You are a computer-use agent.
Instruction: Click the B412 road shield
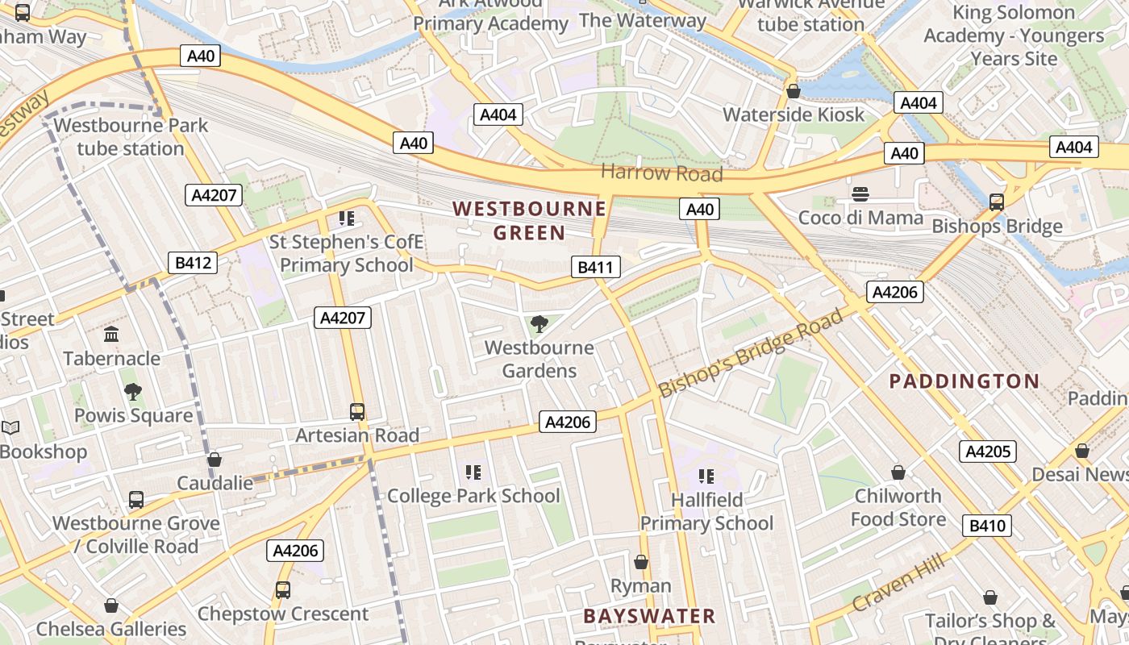pyautogui.click(x=193, y=262)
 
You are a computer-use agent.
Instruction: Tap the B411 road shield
pyautogui.click(x=596, y=268)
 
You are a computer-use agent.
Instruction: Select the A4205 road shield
pyautogui.click(x=988, y=451)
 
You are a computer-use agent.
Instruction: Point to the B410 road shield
pyautogui.click(x=987, y=526)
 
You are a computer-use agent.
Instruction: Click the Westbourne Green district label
pyautogui.click(x=529, y=221)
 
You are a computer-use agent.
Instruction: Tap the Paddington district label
pyautogui.click(x=964, y=381)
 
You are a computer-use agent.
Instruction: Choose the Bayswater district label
pyautogui.click(x=649, y=617)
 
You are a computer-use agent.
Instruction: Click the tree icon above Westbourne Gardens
pyautogui.click(x=540, y=324)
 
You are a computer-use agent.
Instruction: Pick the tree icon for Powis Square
pyautogui.click(x=133, y=392)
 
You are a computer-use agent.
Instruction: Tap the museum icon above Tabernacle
pyautogui.click(x=111, y=334)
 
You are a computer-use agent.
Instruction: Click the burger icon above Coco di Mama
pyautogui.click(x=860, y=194)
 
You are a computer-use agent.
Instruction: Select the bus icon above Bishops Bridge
pyautogui.click(x=997, y=202)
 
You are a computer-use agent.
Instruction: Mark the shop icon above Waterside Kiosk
pyautogui.click(x=793, y=91)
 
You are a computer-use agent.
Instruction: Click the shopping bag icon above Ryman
pyautogui.click(x=641, y=562)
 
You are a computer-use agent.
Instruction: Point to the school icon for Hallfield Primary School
pyautogui.click(x=706, y=476)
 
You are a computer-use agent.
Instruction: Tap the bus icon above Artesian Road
pyautogui.click(x=357, y=412)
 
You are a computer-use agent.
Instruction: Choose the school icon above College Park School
pyautogui.click(x=473, y=472)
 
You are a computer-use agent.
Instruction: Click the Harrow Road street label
pyautogui.click(x=661, y=173)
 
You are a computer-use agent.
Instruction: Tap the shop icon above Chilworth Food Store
pyautogui.click(x=898, y=472)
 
